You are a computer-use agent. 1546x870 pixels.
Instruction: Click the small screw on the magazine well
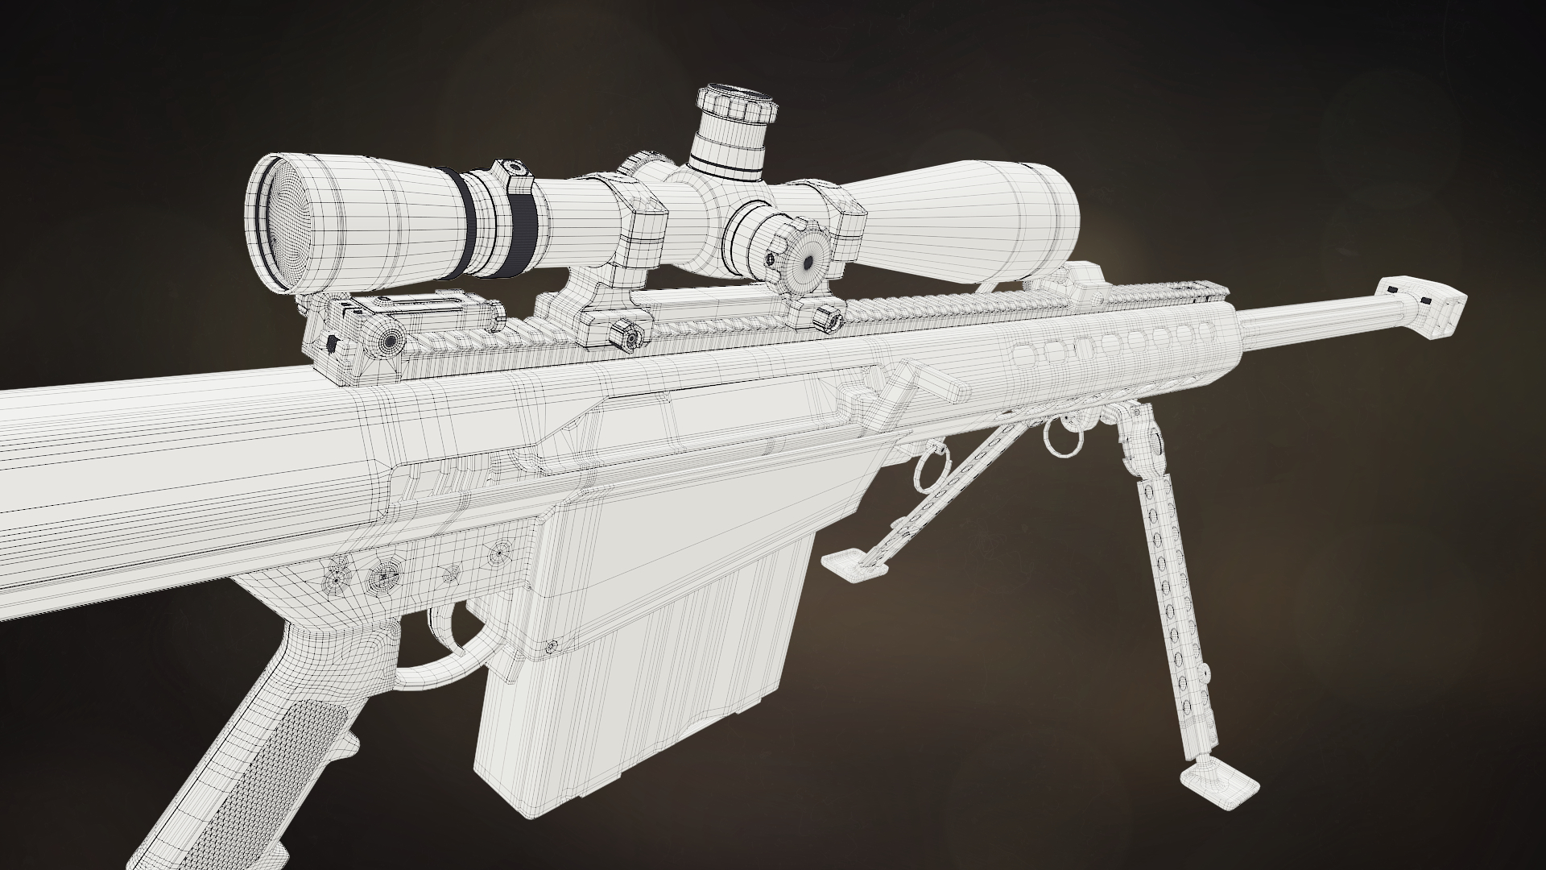[552, 646]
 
